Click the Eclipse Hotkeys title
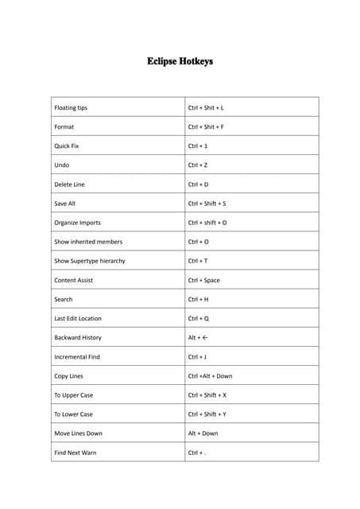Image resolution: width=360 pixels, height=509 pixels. pos(180,61)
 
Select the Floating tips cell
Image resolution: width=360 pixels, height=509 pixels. pos(71,107)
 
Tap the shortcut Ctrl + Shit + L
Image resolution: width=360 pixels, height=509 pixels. pos(206,107)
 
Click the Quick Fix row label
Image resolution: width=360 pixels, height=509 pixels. pos(67,146)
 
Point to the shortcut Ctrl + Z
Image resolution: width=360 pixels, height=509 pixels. pos(198,165)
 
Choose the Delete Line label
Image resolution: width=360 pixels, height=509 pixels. pos(69,185)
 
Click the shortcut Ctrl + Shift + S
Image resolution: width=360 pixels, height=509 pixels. pos(207,204)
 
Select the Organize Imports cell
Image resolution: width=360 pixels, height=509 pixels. pos(77,223)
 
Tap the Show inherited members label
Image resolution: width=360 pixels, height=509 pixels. pos(88,242)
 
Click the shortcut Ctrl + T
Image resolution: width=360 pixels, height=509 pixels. pos(198,261)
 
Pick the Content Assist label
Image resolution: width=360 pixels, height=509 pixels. pos(75,280)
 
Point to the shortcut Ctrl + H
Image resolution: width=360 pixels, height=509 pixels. pos(198,299)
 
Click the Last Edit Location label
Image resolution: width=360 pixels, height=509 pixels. pos(78,318)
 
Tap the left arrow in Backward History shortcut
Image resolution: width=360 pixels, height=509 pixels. pos(205,337)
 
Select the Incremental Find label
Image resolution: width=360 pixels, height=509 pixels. pos(77,357)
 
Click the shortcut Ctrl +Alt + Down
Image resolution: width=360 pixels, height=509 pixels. pos(210,376)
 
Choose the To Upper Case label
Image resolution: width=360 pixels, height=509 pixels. pos(73,395)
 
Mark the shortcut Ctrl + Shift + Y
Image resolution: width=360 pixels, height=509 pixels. pos(207,414)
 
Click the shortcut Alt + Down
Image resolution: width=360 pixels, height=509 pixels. pos(203,433)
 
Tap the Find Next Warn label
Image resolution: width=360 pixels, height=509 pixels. pos(75,453)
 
